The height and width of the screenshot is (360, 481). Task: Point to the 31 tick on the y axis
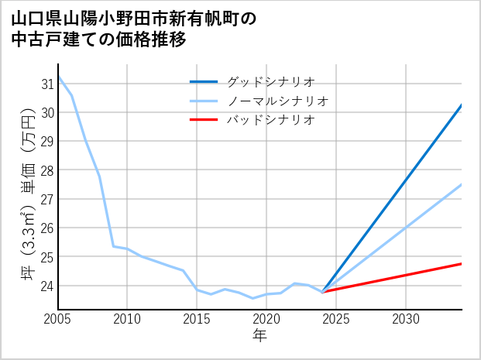[x=47, y=84]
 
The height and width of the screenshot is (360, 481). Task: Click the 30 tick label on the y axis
[x=47, y=112]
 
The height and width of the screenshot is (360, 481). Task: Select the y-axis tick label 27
[x=47, y=199]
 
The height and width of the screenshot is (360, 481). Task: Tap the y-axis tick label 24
[x=47, y=286]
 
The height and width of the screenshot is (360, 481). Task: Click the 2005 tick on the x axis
[x=58, y=319]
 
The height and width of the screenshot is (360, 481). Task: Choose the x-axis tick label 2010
[x=127, y=319]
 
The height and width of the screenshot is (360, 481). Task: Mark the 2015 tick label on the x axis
[x=197, y=319]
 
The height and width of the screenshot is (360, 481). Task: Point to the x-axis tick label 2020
[x=266, y=319]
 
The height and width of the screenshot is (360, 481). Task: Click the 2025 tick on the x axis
[x=336, y=319]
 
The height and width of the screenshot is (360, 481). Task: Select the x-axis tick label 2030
[x=406, y=319]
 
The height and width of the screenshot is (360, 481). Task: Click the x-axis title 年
[x=260, y=335]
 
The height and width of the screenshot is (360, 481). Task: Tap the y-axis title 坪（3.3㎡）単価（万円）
[x=26, y=194]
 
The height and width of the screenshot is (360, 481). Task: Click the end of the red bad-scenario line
[x=462, y=264]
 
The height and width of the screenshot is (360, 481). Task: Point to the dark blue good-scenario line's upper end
[x=462, y=105]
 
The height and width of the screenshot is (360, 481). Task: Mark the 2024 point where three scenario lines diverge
[x=322, y=292]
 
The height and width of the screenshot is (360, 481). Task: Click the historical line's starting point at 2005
[x=58, y=77]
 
